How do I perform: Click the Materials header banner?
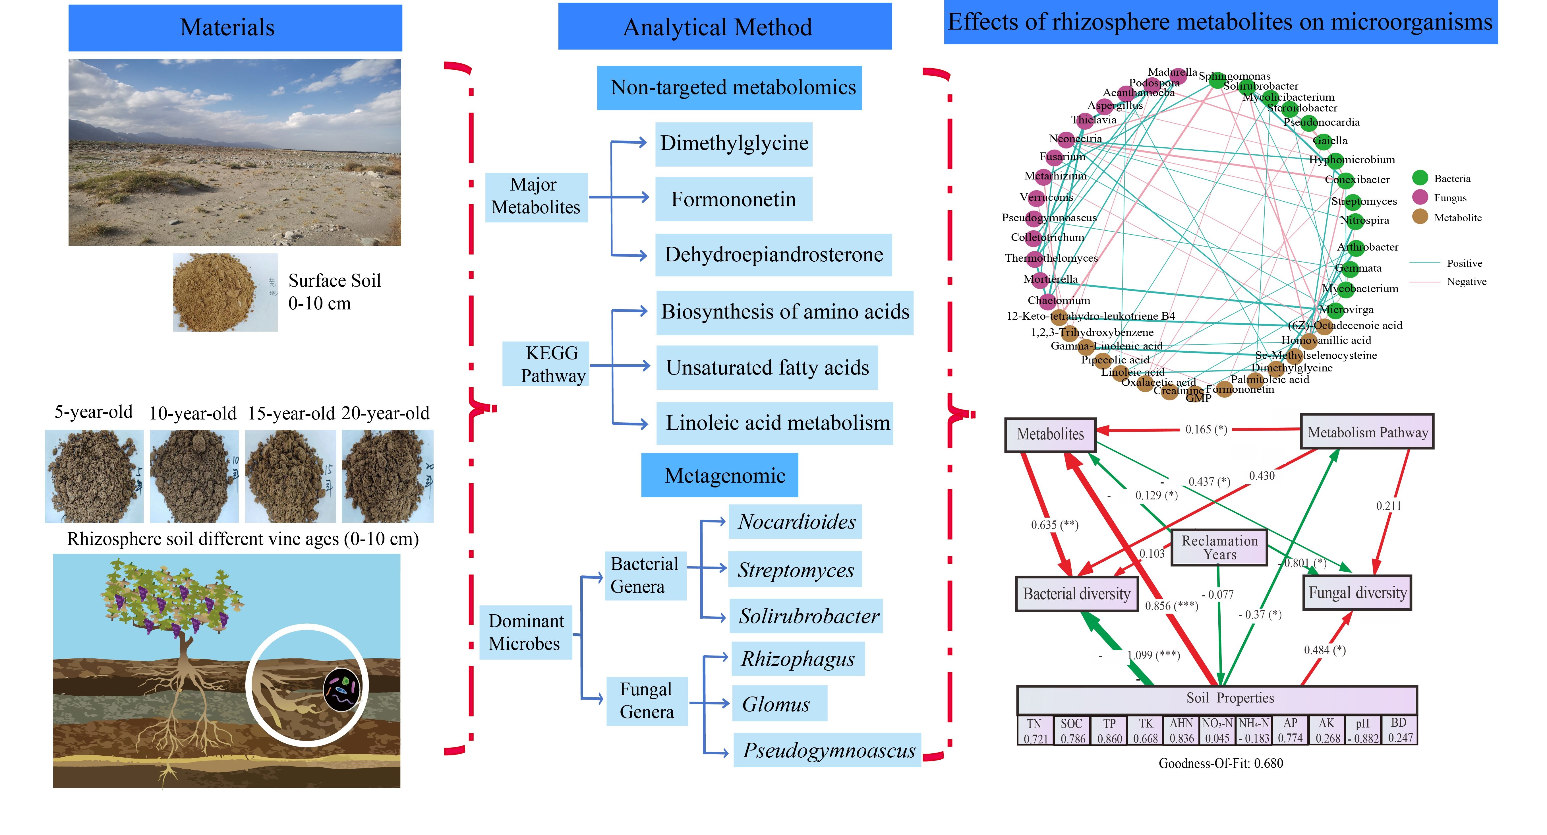(235, 28)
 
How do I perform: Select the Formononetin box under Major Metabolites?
(733, 199)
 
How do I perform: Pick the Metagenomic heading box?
(719, 475)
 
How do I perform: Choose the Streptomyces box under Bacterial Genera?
(795, 569)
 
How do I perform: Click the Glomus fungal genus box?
(779, 703)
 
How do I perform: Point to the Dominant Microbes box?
(525, 632)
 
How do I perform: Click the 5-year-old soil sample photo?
(94, 476)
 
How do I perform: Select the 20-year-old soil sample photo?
(387, 476)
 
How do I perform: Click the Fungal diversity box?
(1357, 593)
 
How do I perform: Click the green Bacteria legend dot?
(1420, 178)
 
